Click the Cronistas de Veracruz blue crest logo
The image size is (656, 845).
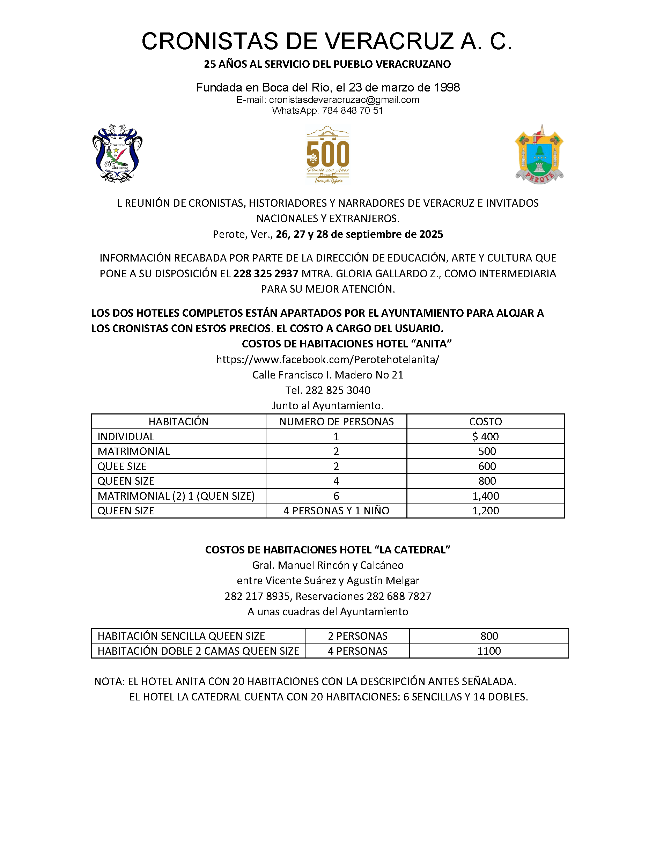[117, 154]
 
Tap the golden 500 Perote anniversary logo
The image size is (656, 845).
[327, 154]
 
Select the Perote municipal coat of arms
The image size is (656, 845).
[539, 154]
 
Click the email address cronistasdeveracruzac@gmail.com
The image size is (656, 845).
[344, 100]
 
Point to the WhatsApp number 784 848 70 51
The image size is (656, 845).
[352, 111]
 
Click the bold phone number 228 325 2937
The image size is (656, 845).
[266, 273]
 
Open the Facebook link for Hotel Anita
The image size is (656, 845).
[327, 359]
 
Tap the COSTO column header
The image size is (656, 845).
[485, 421]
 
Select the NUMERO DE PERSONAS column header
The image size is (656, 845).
[336, 421]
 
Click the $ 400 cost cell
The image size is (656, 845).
[485, 436]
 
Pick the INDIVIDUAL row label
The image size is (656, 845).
[126, 436]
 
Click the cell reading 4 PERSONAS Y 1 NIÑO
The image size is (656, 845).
[336, 511]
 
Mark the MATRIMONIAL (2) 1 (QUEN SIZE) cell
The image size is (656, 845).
[176, 496]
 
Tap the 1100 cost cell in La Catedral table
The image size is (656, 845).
[489, 651]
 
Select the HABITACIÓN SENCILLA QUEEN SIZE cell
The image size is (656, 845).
[181, 636]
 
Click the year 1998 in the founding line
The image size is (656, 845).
[447, 87]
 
